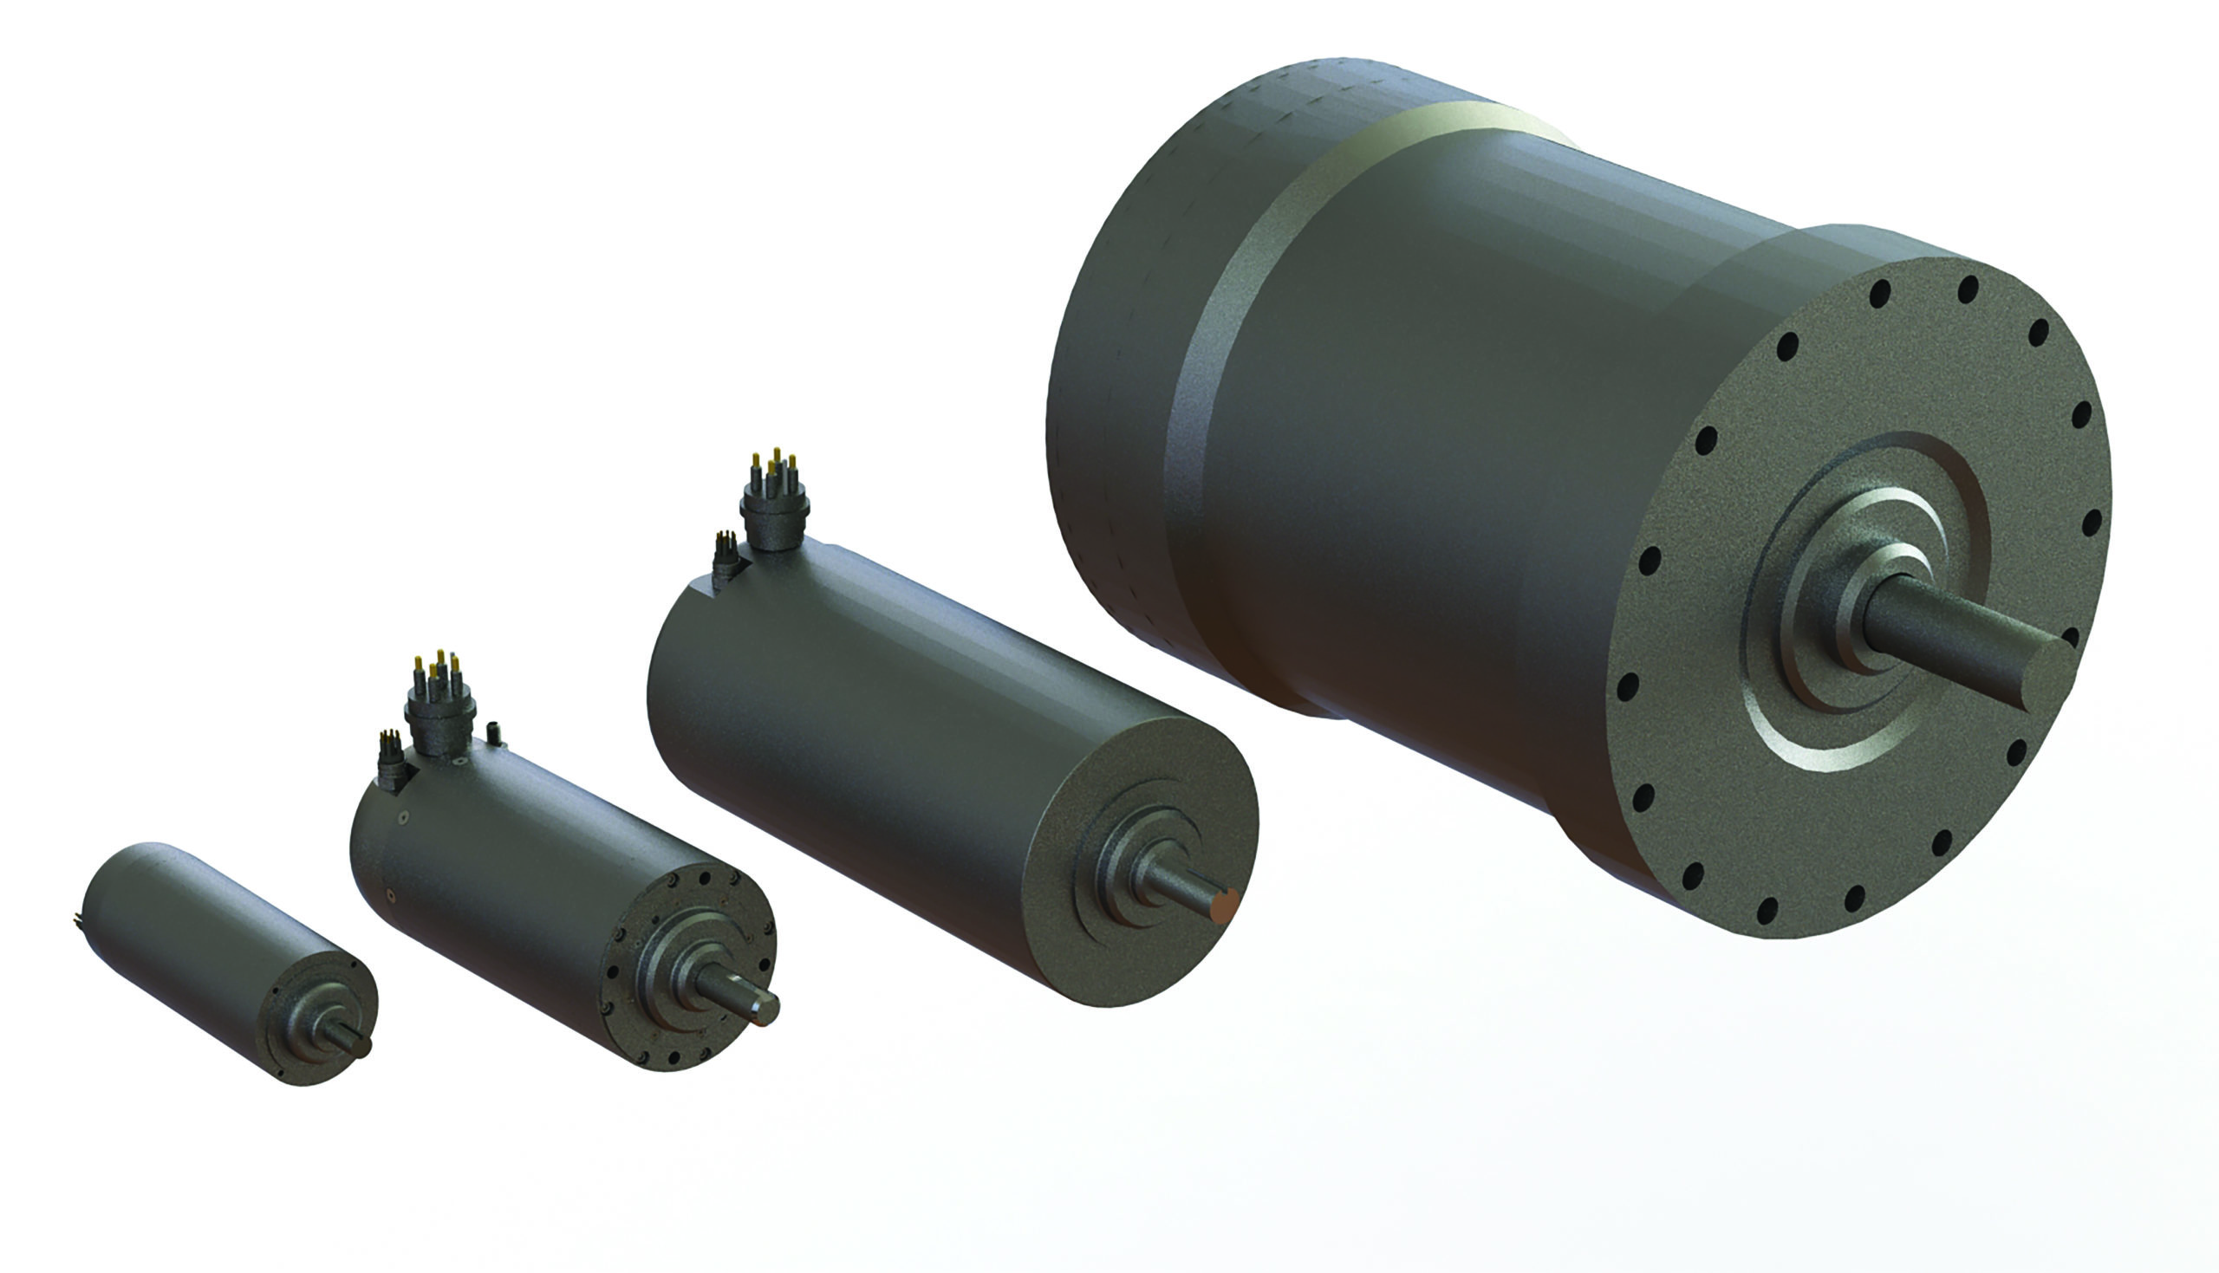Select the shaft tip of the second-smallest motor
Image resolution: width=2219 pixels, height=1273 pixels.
[765, 1009]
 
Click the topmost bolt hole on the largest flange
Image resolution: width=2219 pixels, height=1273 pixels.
[1968, 289]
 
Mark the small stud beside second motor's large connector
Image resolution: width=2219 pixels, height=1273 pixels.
[496, 732]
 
